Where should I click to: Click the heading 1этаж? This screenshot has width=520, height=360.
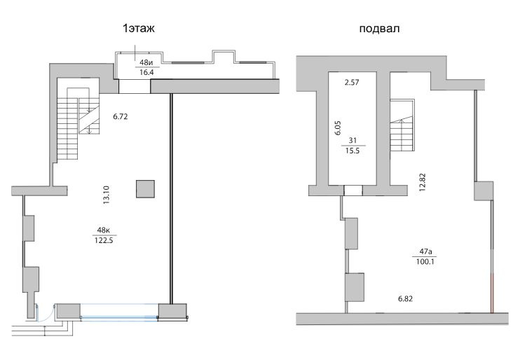[139, 29]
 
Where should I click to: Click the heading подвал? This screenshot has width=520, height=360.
[379, 29]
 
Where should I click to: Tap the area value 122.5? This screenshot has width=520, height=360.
[104, 240]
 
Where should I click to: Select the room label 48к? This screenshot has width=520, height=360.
[104, 230]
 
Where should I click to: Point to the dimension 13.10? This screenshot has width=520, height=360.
[106, 195]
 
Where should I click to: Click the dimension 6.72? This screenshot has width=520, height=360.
[121, 117]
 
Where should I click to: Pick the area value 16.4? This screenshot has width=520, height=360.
[146, 72]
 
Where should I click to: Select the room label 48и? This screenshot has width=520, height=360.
[146, 62]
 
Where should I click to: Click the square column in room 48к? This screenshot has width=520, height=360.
[145, 189]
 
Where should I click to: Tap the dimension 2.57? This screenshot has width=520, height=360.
[352, 82]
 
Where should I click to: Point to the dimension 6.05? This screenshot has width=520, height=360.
[338, 127]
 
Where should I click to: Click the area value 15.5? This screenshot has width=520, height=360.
[353, 151]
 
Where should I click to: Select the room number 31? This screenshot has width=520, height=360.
[353, 141]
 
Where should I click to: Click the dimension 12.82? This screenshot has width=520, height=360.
[422, 182]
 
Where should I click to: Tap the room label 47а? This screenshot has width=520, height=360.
[425, 251]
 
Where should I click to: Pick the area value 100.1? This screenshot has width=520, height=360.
[425, 261]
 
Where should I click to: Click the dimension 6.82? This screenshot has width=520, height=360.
[405, 299]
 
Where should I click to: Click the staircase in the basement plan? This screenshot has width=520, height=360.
[402, 125]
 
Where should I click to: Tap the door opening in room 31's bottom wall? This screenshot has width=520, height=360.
[353, 191]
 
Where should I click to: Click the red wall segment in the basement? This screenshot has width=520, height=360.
[492, 293]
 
